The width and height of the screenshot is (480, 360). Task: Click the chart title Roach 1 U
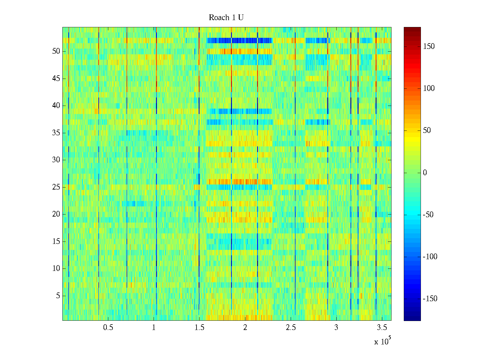pos(226,18)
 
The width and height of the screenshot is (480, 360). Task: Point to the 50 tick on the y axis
pos(56,51)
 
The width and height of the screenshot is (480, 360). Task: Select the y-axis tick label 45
pos(56,79)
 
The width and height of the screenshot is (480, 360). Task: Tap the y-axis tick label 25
pos(56,187)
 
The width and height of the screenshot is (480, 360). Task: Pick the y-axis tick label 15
pos(56,241)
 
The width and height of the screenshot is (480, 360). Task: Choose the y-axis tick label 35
pos(56,133)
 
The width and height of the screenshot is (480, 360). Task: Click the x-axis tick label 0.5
pos(108,328)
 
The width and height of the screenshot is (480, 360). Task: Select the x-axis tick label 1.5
pos(199,328)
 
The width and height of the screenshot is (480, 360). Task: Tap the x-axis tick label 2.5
pos(291,328)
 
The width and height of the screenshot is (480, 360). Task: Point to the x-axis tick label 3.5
pos(382,328)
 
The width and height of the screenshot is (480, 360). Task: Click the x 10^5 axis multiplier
pos(381,341)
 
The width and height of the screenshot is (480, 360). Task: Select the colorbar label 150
pos(429,46)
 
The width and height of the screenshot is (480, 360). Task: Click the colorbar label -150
pos(430,299)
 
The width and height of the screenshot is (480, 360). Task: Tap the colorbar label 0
pos(425,172)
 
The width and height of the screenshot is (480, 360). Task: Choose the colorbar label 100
pos(429,88)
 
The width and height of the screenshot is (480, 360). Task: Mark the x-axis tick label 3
pos(336,328)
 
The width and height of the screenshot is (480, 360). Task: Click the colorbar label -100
pos(430,257)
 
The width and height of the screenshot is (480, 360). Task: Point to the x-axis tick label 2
pos(245,328)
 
